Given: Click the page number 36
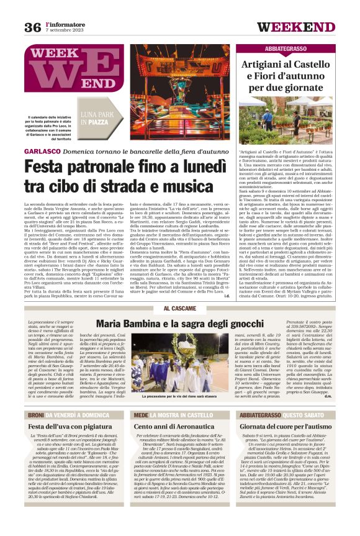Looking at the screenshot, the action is click(x=32, y=27).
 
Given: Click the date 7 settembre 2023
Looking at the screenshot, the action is click(x=65, y=30).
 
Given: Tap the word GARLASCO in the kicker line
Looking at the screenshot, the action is click(x=42, y=152).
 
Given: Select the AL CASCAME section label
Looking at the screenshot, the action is click(x=179, y=308).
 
